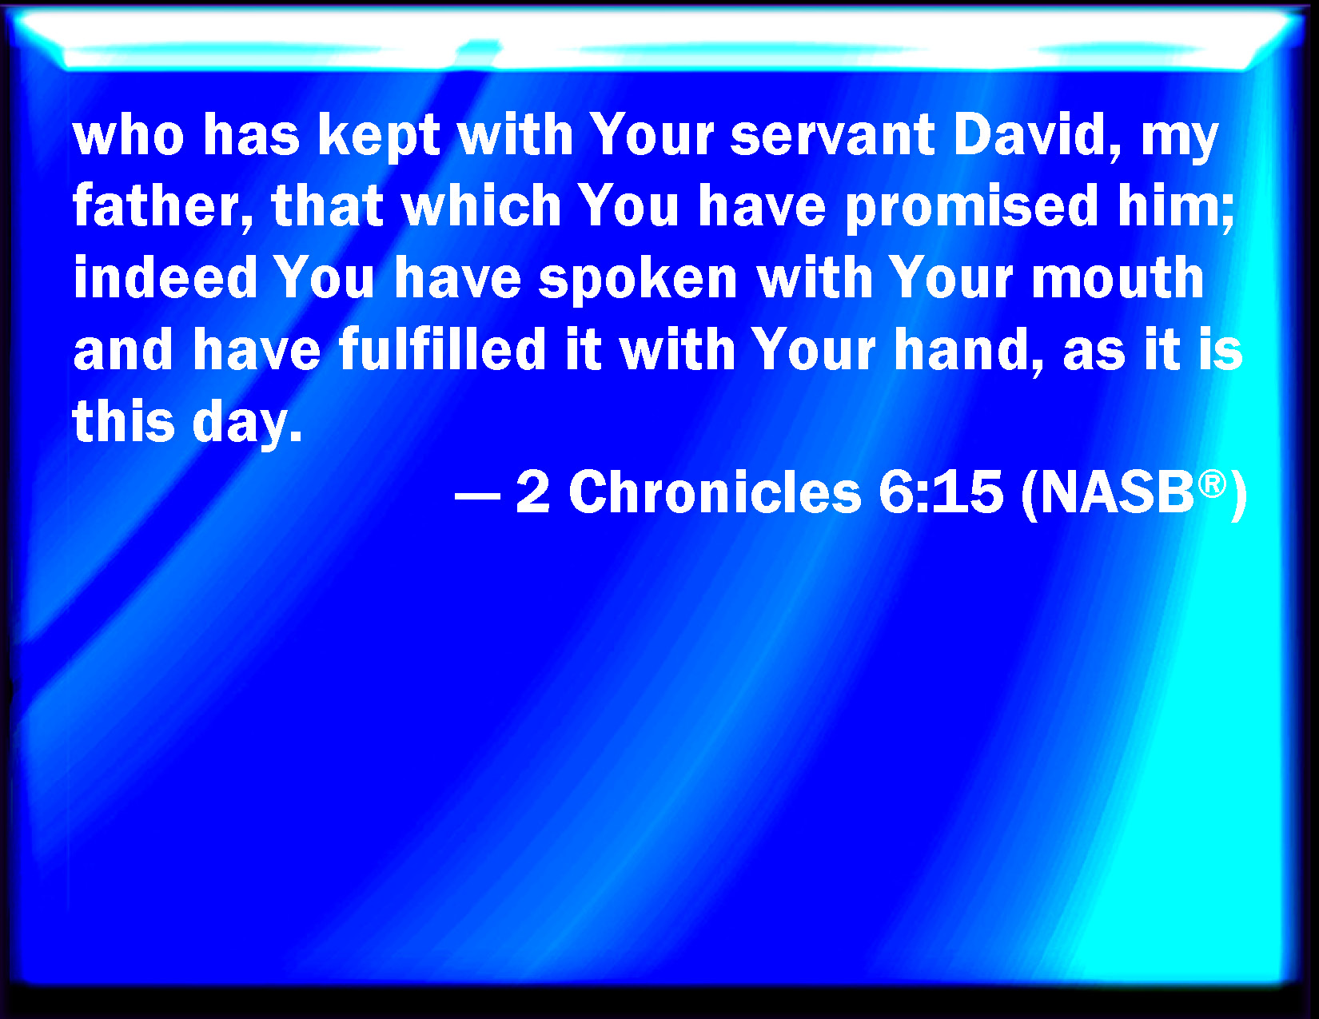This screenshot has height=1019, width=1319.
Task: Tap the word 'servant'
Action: pos(832,136)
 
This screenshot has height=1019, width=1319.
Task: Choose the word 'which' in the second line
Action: pos(481,205)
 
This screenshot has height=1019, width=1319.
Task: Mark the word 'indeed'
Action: pos(165,277)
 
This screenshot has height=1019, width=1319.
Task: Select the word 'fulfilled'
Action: pos(443,349)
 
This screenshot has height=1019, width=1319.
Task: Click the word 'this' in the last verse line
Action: pos(124,420)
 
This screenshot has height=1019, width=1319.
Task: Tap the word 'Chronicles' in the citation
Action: pos(715,492)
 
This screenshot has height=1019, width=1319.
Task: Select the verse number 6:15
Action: pos(940,492)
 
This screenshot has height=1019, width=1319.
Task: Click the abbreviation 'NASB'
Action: pos(1118,492)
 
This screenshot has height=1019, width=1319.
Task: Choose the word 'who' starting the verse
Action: pos(128,136)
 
